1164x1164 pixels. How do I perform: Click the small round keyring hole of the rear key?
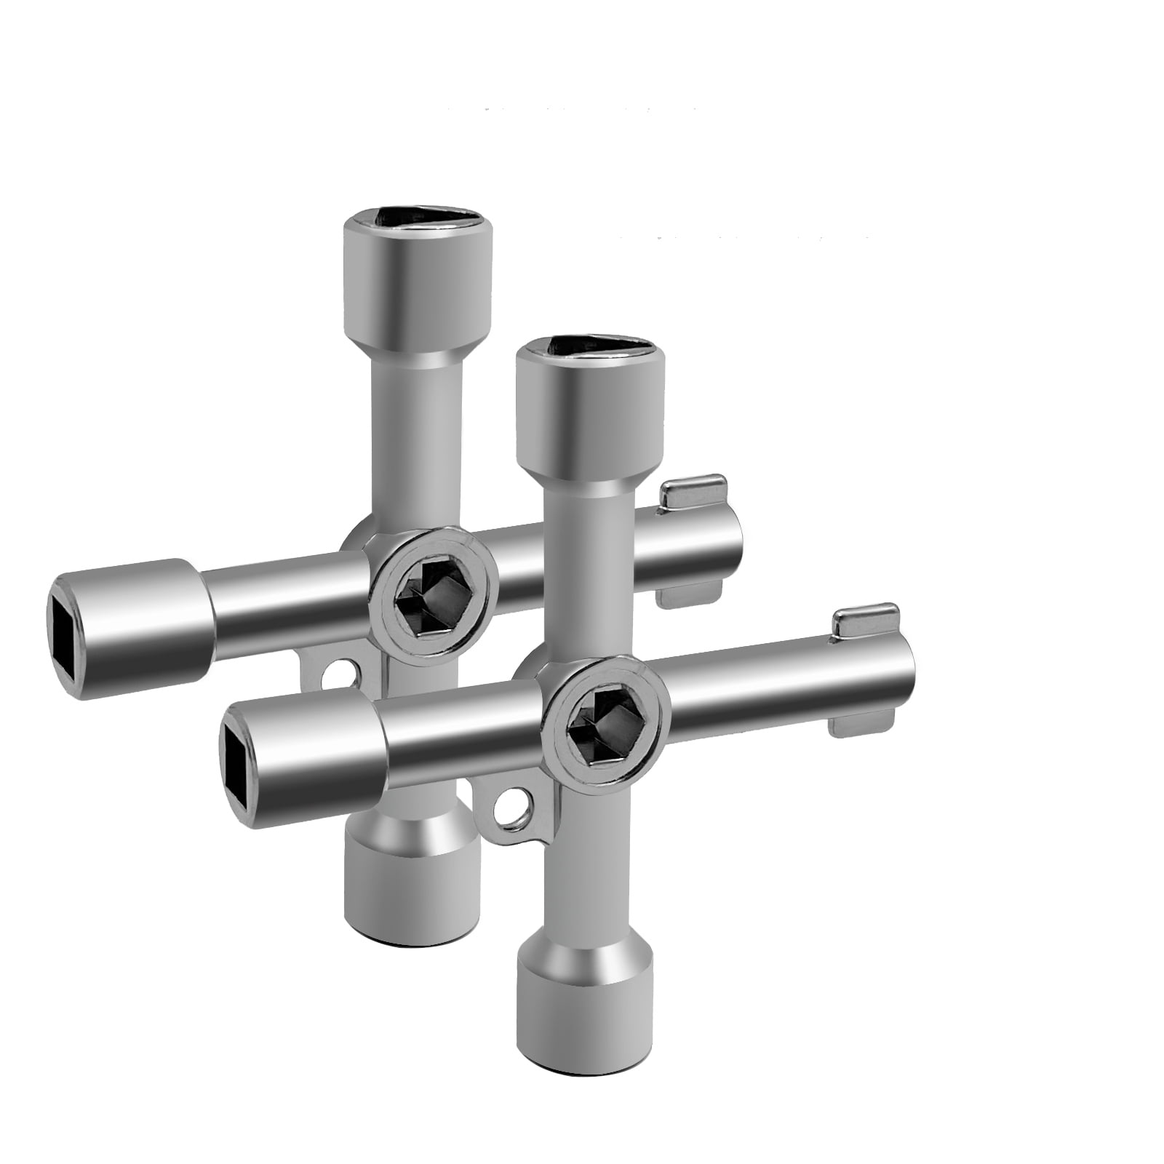pyautogui.click(x=337, y=671)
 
